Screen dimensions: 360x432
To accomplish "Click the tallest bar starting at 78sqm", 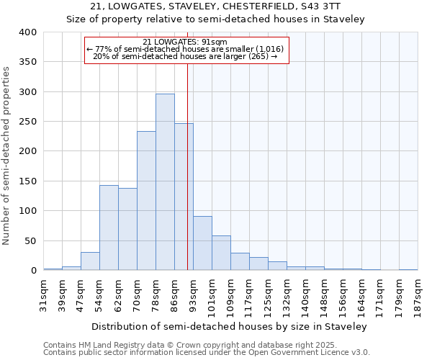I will coord(165,182).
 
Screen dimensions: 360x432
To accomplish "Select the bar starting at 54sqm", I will coord(109,228).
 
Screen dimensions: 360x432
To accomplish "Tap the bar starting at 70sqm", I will coord(146,201).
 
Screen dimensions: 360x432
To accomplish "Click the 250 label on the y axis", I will coord(27,122).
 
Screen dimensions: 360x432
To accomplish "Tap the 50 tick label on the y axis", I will coord(30,240).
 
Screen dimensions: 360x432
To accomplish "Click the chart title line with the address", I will coord(215,7).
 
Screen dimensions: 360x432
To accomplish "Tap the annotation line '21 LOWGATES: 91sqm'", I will coord(186,42).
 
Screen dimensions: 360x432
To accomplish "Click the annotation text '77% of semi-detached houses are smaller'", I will coord(185,49).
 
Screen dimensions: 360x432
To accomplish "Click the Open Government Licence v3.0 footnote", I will coord(206,352).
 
